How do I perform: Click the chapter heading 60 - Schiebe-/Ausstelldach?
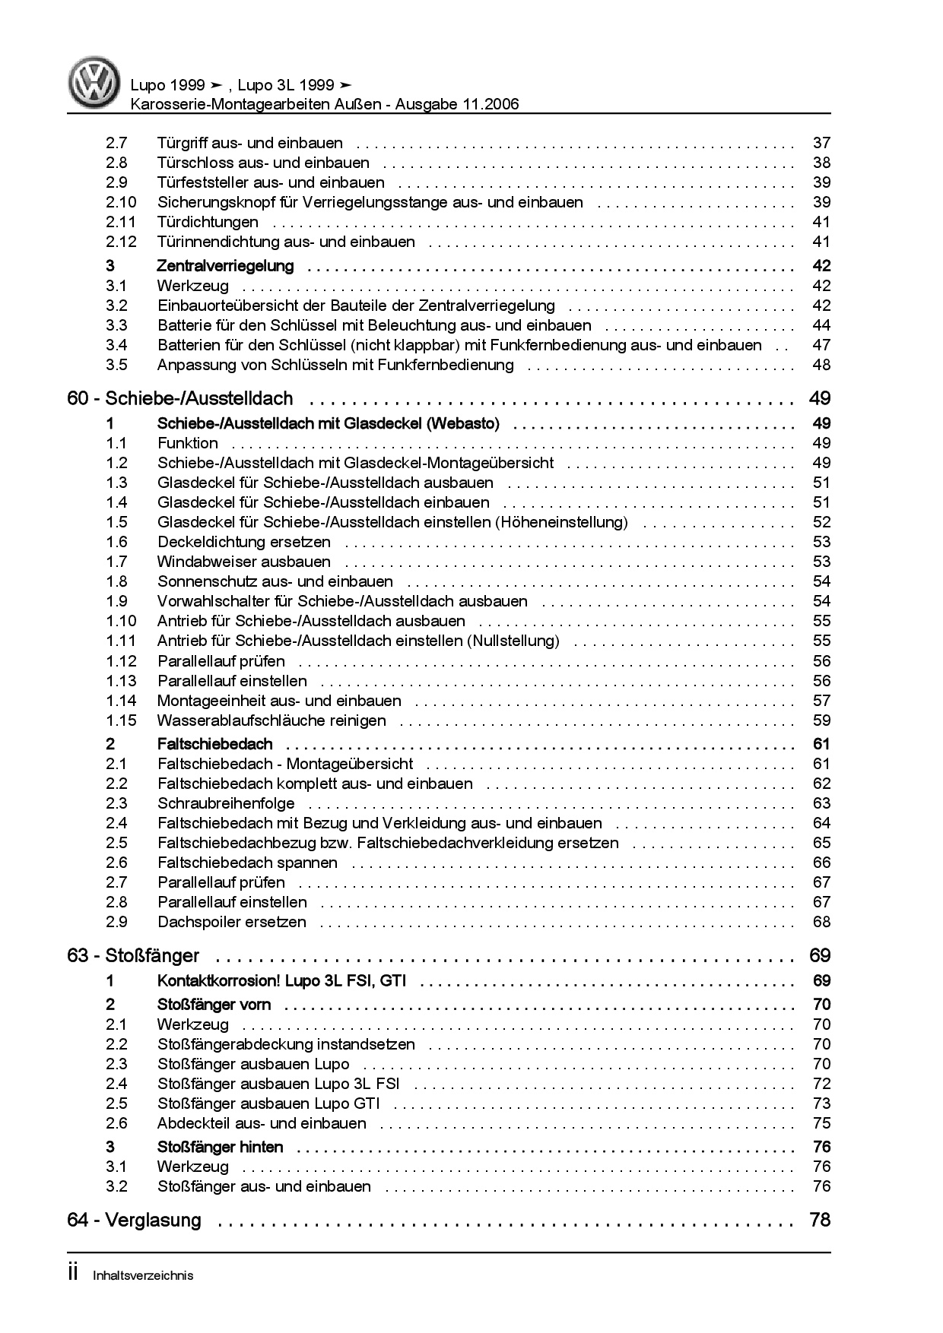coord(180,398)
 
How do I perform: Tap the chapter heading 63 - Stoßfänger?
coord(133,955)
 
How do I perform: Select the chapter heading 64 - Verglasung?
coord(135,1220)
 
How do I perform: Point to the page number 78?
coord(821,1220)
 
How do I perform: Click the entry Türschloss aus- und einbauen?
coord(263,163)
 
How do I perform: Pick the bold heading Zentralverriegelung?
coord(225,266)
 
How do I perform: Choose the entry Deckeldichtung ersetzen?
coord(244,542)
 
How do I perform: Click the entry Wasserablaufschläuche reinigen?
coord(271,720)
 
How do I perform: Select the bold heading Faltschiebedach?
coord(214,744)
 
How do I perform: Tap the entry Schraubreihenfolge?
coord(226,803)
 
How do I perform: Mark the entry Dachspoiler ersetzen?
coord(232,922)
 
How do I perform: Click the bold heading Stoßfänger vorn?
coord(214,1005)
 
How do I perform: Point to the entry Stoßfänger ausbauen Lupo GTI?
coord(268,1103)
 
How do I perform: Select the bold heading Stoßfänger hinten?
coord(220,1147)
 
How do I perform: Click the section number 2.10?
coord(121,202)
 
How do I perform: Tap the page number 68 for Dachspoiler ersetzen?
coord(821,922)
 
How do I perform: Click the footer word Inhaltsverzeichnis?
coord(142,1276)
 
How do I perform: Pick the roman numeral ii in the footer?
coord(74,1274)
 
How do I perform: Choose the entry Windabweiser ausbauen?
coord(244,562)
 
